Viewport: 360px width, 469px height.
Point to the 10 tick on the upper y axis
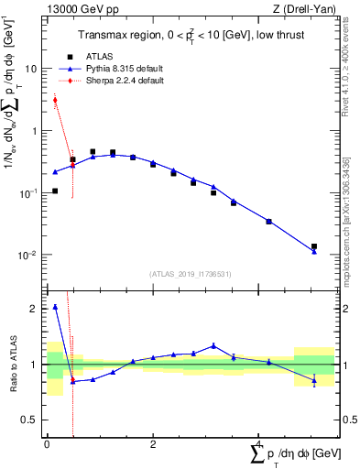click(x=31, y=69)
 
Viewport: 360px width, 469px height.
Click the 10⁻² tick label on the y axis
click(x=28, y=256)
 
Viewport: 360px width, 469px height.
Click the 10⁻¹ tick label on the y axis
click(x=28, y=193)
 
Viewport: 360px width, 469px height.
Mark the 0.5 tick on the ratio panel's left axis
click(x=28, y=420)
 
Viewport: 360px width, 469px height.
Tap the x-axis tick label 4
click(x=259, y=443)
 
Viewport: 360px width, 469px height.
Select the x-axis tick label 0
click(x=47, y=443)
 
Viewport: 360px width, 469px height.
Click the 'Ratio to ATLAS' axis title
click(x=13, y=364)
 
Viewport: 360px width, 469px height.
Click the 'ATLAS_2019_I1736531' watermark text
click(x=191, y=274)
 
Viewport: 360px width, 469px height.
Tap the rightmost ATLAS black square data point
click(x=314, y=246)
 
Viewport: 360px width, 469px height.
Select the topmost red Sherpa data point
click(x=55, y=101)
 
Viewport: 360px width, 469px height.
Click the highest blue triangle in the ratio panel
click(x=55, y=307)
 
